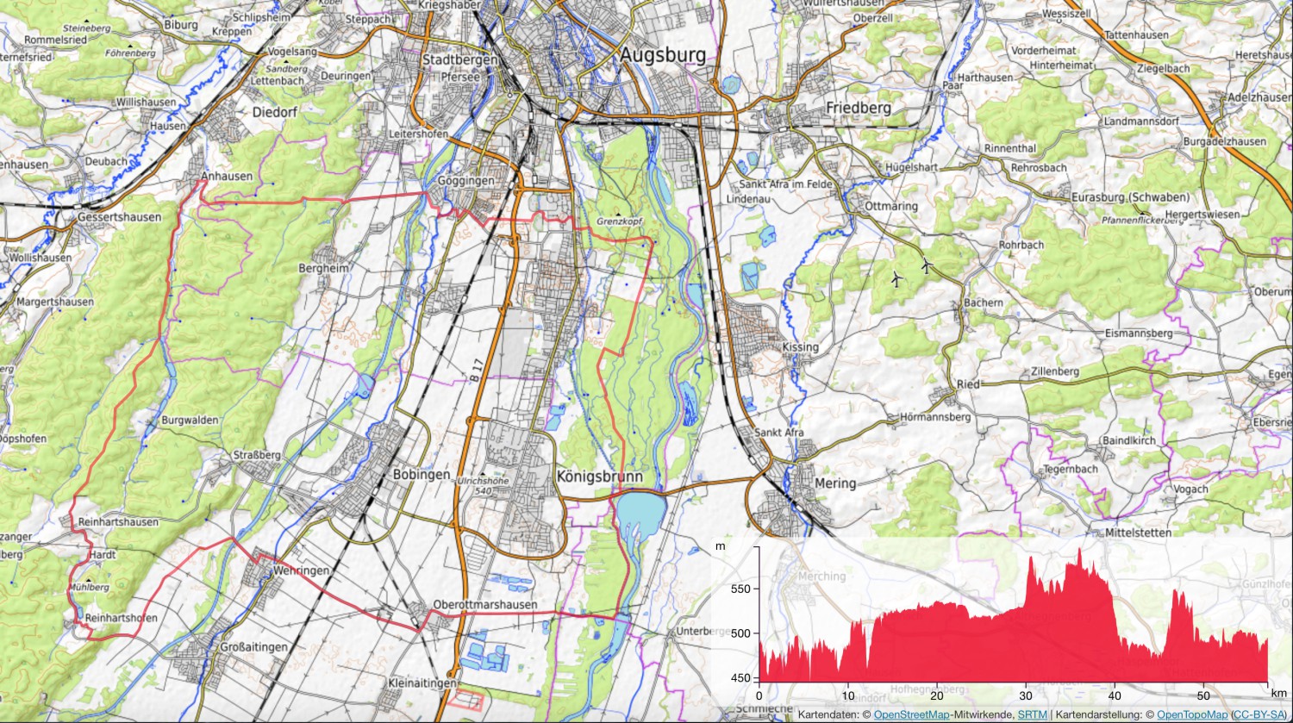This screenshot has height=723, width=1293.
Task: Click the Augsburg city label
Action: pyautogui.click(x=663, y=56)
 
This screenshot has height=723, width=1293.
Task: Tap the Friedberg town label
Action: pyautogui.click(x=858, y=108)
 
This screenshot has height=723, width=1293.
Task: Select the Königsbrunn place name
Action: pyautogui.click(x=599, y=477)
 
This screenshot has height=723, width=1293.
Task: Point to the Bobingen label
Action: pyautogui.click(x=422, y=475)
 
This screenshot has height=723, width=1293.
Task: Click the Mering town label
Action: pyautogui.click(x=835, y=483)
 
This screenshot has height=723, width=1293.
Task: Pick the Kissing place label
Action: pyautogui.click(x=800, y=347)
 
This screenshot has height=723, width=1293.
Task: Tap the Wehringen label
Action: pyautogui.click(x=301, y=570)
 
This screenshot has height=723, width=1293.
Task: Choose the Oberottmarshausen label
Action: pyautogui.click(x=485, y=605)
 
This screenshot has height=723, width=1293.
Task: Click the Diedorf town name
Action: pyautogui.click(x=275, y=112)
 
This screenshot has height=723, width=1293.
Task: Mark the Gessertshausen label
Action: pyautogui.click(x=119, y=217)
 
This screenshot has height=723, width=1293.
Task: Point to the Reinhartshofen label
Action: pyautogui.click(x=121, y=618)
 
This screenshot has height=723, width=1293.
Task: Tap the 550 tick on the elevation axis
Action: pyautogui.click(x=740, y=589)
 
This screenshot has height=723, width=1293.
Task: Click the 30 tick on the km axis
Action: pyautogui.click(x=1026, y=695)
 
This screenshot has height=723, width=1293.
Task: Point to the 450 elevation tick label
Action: pyautogui.click(x=740, y=678)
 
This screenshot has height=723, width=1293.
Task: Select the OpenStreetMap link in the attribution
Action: pyautogui.click(x=911, y=715)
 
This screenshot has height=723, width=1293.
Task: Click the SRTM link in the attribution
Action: pyautogui.click(x=1032, y=715)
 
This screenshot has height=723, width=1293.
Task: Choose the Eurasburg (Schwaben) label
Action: pyautogui.click(x=1130, y=197)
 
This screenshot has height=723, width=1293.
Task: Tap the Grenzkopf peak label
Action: pyautogui.click(x=620, y=221)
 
